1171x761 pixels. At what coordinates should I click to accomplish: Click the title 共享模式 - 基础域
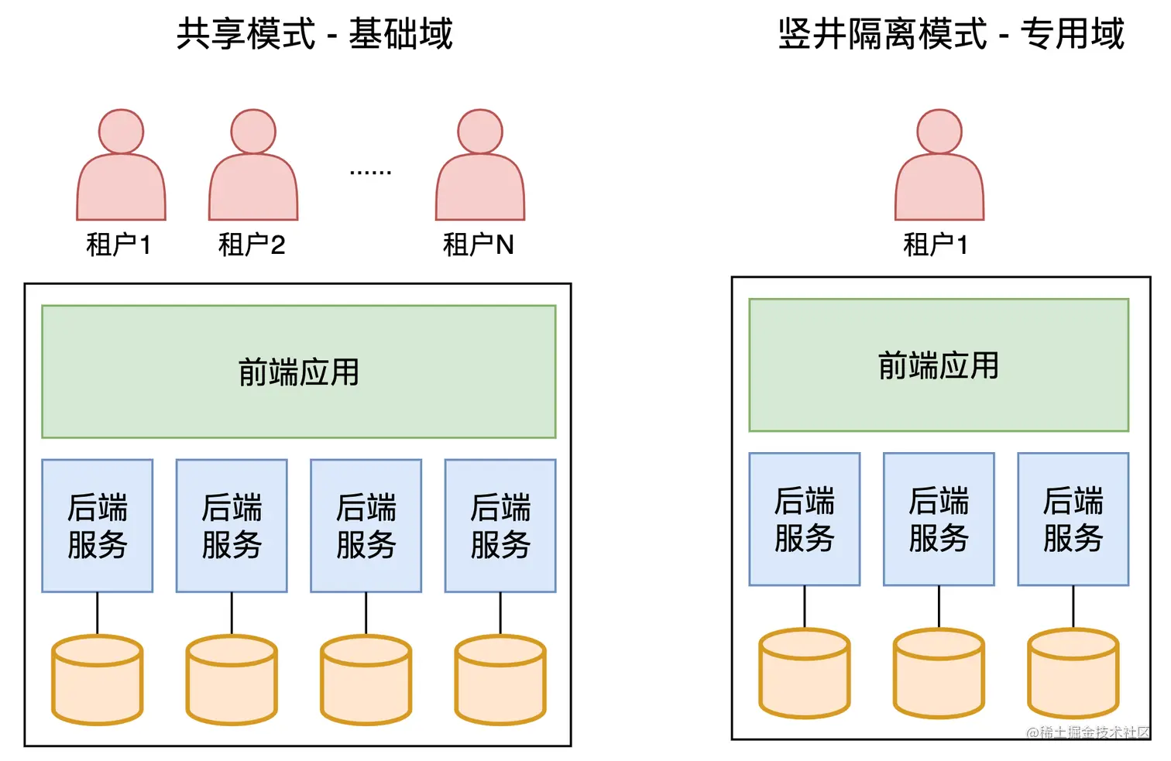(314, 34)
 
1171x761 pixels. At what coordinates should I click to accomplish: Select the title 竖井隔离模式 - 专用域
(950, 34)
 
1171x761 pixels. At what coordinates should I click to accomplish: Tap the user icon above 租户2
(253, 166)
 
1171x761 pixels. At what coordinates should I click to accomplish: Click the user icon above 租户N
(480, 166)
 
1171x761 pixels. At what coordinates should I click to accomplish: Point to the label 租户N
(478, 245)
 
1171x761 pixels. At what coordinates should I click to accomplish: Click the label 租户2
(252, 245)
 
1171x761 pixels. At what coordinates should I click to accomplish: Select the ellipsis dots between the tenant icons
(370, 172)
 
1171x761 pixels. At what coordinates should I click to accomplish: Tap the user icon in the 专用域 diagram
(939, 166)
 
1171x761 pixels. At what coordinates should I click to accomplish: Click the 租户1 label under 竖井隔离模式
(936, 245)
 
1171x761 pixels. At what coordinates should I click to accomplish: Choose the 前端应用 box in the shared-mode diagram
(299, 372)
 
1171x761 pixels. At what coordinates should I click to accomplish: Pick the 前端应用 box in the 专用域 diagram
(939, 365)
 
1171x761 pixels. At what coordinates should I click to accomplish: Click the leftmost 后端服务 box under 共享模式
(98, 526)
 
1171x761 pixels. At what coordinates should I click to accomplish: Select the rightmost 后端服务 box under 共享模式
(500, 526)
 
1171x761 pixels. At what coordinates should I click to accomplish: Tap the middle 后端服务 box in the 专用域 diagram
(939, 519)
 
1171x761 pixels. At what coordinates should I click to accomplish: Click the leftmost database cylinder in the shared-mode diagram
(98, 680)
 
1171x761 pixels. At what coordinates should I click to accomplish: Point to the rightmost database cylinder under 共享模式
(500, 680)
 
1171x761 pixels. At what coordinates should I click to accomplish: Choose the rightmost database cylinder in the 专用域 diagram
(1073, 674)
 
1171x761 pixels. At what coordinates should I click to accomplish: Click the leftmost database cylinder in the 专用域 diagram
(805, 674)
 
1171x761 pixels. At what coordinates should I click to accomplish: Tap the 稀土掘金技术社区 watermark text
(1088, 732)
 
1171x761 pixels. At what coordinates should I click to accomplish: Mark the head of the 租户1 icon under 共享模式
(121, 132)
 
